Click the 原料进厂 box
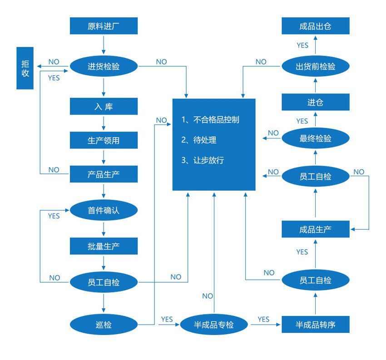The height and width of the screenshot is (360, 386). click(x=104, y=26)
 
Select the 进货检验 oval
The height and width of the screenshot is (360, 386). click(x=104, y=66)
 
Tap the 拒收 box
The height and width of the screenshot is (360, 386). click(x=25, y=68)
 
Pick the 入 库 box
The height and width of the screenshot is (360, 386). click(x=104, y=107)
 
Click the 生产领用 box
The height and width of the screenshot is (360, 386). click(x=104, y=140)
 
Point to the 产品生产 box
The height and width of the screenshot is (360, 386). click(x=104, y=174)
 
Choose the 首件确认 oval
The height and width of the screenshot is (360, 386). click(x=104, y=211)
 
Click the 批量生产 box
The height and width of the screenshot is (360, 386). click(x=104, y=246)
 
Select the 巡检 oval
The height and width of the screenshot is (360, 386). click(x=104, y=325)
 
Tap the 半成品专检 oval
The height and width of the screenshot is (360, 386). click(x=214, y=325)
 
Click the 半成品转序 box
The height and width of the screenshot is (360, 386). click(x=315, y=325)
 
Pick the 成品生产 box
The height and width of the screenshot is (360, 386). click(x=315, y=229)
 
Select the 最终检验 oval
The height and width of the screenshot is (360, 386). click(x=315, y=138)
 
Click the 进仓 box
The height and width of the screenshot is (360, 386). click(x=315, y=102)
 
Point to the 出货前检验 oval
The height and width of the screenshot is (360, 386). click(x=315, y=66)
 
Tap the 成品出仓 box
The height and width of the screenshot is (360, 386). click(x=315, y=26)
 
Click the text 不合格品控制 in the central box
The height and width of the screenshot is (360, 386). click(x=216, y=120)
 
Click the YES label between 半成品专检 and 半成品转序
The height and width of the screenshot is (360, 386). click(x=263, y=319)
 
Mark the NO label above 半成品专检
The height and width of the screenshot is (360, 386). click(x=208, y=296)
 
